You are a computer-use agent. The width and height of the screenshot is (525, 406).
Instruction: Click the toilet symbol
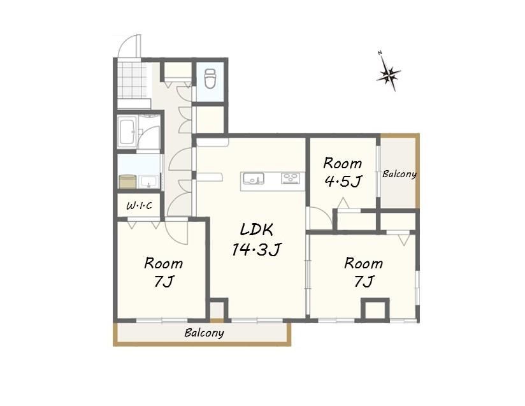coord(210,78)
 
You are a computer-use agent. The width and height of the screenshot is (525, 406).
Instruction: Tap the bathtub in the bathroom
coord(127,132)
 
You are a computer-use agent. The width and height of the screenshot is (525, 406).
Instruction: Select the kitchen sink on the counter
coord(254,178)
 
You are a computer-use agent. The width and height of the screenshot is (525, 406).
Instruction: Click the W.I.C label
coord(139,205)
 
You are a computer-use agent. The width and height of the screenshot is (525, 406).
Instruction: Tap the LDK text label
coord(257,229)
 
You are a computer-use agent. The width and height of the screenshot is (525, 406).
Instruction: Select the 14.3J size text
coord(257,249)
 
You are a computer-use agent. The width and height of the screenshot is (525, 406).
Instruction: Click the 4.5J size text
coord(343,182)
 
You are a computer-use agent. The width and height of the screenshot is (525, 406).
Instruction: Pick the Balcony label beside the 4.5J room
coord(399,174)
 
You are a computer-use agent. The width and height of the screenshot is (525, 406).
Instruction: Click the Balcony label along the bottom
coord(205,333)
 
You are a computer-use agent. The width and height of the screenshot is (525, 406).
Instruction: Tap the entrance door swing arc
coord(129,45)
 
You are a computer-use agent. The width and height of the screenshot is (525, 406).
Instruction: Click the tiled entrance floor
coord(133,80)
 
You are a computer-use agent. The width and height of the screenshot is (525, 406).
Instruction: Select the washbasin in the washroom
coord(149,182)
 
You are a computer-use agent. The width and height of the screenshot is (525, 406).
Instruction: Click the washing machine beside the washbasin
coord(127,181)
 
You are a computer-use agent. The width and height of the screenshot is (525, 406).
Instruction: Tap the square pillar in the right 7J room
coord(375,309)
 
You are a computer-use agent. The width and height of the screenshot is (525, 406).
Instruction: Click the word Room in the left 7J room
coord(163,263)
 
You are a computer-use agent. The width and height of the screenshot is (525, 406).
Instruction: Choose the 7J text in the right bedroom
coord(364,280)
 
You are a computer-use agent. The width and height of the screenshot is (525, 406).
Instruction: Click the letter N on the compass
coord(380,53)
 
